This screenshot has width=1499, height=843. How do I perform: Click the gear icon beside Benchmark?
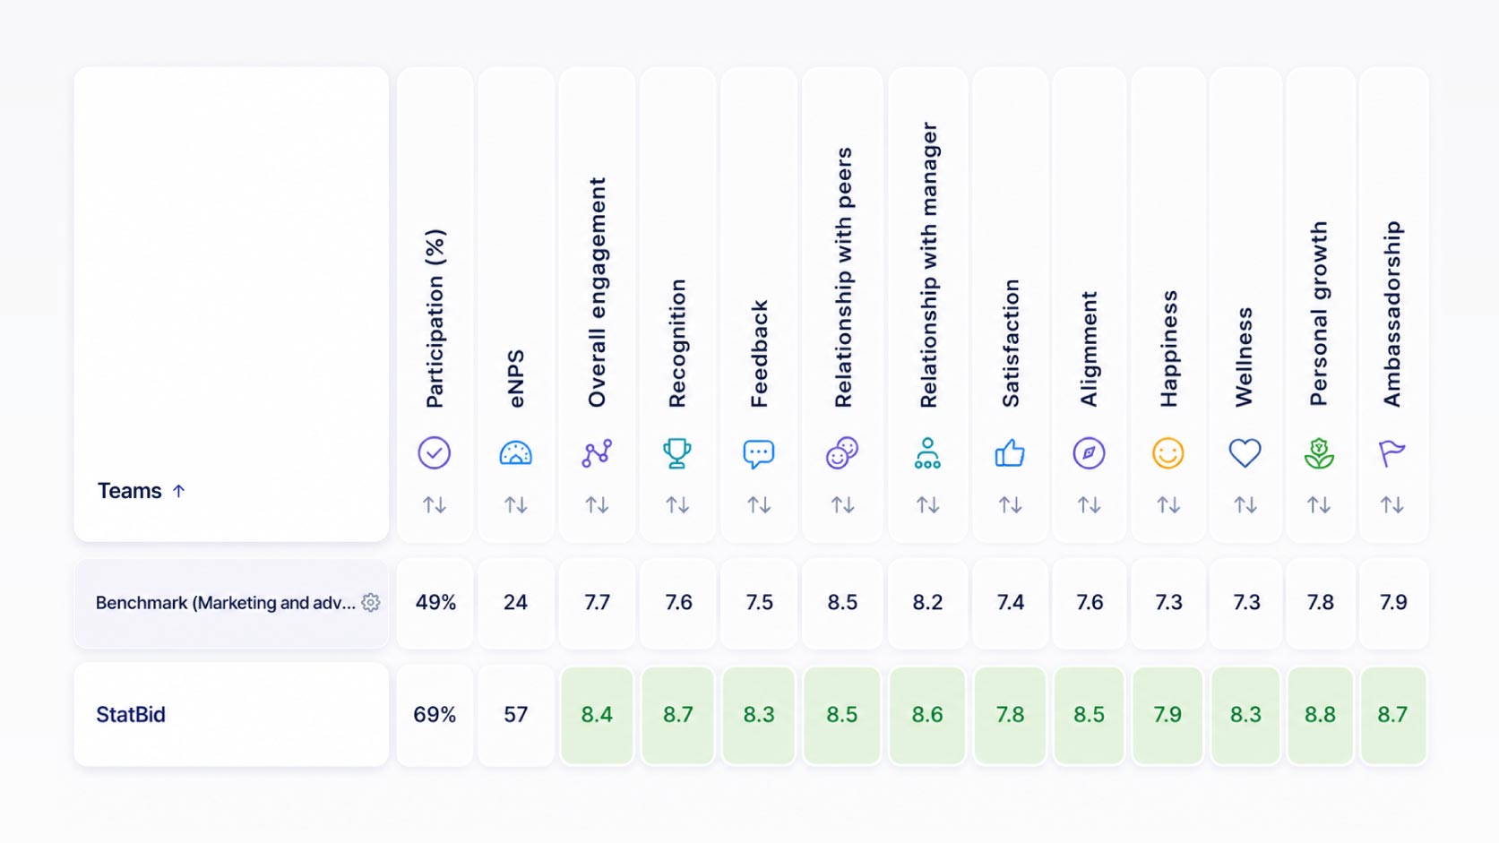click(x=371, y=602)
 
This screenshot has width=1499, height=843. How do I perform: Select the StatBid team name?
click(x=131, y=715)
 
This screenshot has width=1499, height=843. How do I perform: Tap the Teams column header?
click(x=129, y=491)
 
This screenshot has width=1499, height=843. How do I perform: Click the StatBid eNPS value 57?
click(x=515, y=715)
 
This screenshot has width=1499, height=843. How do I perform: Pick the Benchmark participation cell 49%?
click(x=435, y=602)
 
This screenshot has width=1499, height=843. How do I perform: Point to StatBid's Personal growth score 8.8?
click(x=1320, y=715)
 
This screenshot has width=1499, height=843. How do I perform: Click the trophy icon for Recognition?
click(x=677, y=453)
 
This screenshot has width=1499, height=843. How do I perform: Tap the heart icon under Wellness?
click(x=1245, y=453)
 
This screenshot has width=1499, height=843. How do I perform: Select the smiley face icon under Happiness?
click(x=1167, y=453)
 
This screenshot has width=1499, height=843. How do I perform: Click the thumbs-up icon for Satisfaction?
click(x=1010, y=453)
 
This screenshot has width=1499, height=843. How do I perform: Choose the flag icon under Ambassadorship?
click(x=1392, y=453)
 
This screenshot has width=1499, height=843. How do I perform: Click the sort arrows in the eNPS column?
click(x=515, y=504)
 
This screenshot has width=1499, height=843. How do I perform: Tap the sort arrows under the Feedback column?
click(x=759, y=504)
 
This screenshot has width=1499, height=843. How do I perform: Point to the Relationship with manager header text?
click(x=928, y=265)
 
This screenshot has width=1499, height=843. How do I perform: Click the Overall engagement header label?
click(x=596, y=292)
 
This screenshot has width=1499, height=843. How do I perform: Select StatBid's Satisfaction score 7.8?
click(x=1010, y=715)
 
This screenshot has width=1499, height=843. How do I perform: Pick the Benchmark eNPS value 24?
click(x=515, y=602)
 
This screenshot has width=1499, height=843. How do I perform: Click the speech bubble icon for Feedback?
click(x=759, y=453)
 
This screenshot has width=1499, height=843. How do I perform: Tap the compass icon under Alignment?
click(x=1089, y=453)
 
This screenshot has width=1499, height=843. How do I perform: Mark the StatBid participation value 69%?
click(x=435, y=715)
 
